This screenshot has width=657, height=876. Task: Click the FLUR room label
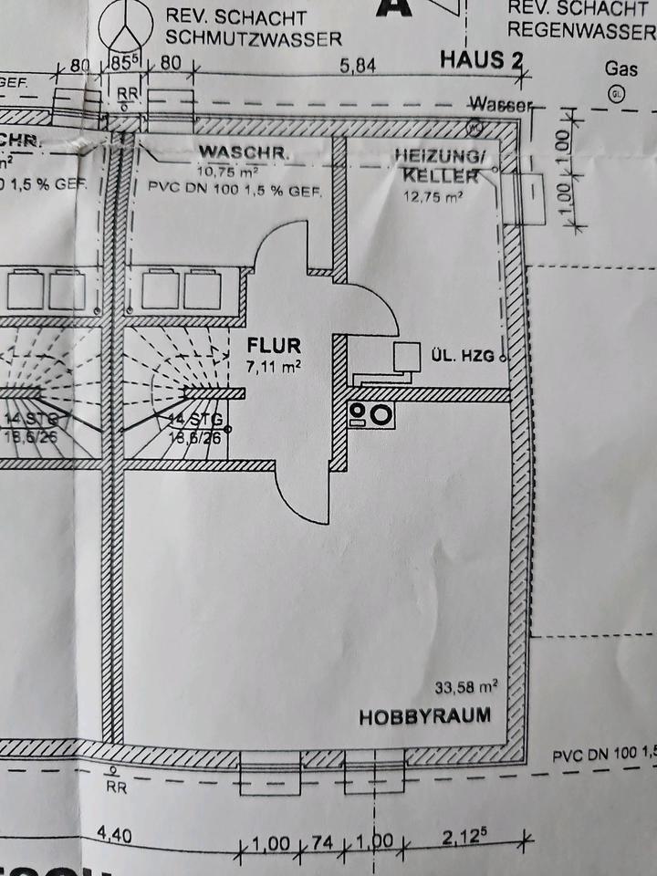(274, 346)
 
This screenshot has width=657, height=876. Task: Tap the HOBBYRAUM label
(423, 716)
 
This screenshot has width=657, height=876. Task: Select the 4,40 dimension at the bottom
(115, 833)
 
